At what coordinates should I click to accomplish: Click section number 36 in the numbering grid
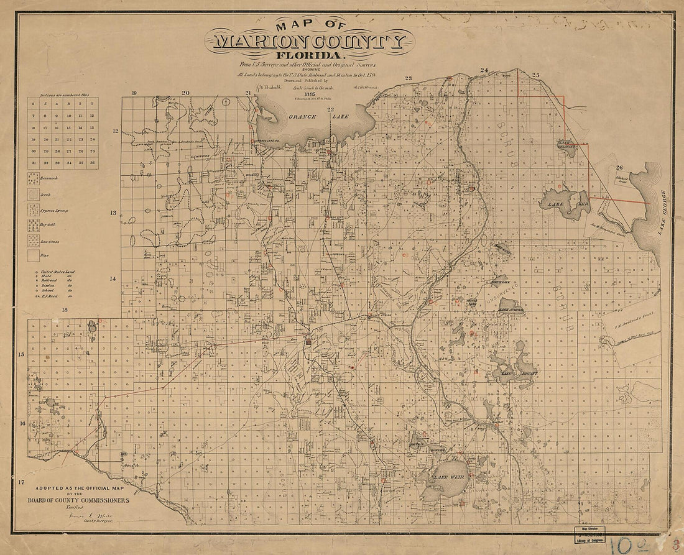(x=92, y=162)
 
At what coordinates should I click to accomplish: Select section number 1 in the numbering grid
(x=92, y=104)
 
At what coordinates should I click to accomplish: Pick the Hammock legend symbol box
(x=33, y=178)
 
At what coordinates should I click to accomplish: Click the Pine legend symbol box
(x=33, y=254)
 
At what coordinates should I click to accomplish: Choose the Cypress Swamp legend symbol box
(x=33, y=210)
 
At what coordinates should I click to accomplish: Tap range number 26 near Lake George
(x=619, y=167)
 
